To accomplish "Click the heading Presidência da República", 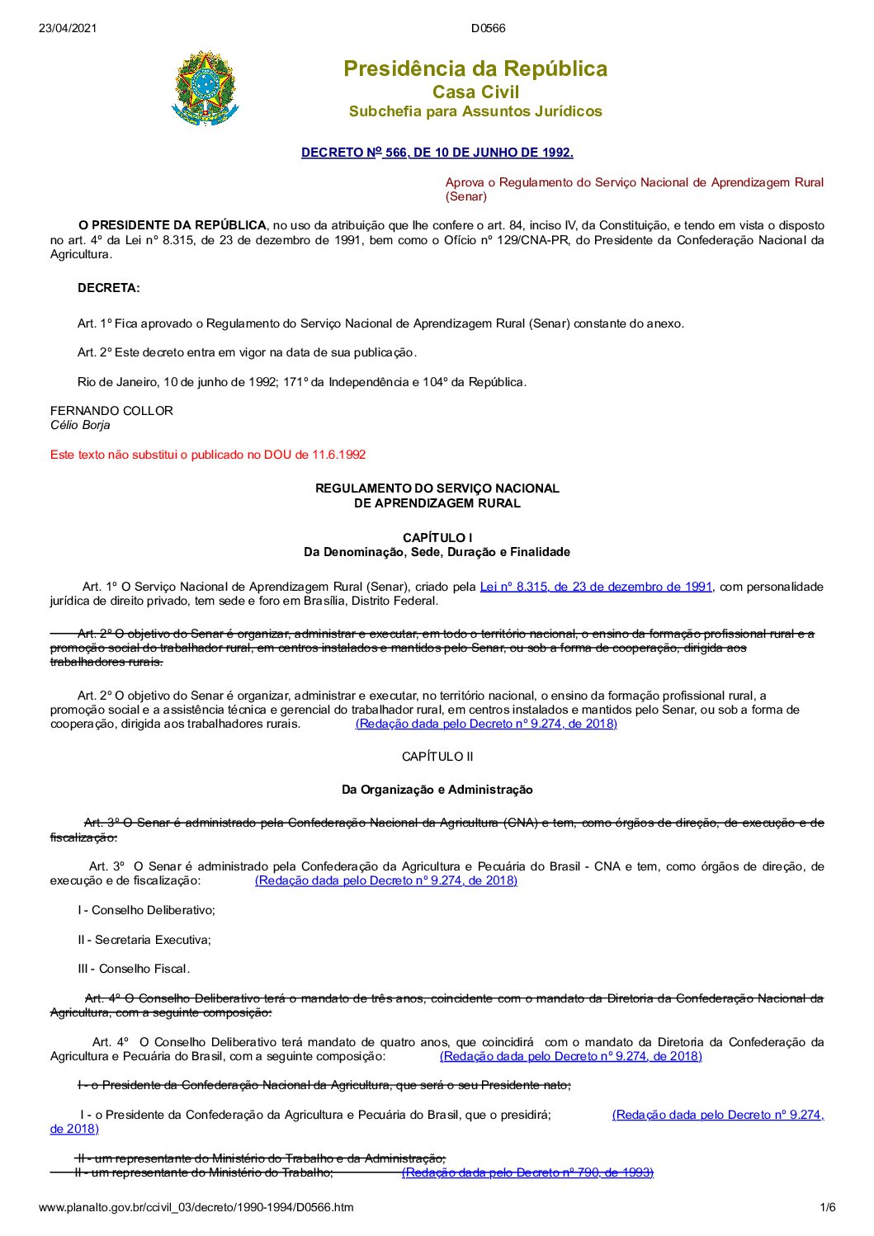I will (475, 68).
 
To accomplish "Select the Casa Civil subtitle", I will (475, 92).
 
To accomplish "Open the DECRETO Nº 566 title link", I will (437, 153).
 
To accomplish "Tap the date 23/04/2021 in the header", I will (68, 28).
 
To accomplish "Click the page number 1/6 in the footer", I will (827, 1207).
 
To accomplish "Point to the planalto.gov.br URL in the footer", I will (196, 1207).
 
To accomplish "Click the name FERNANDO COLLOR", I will (111, 411).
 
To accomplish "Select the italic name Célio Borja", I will (80, 426).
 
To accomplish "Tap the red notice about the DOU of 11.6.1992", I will (208, 455).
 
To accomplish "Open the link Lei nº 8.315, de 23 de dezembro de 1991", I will (596, 587).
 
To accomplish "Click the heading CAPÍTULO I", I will (437, 538).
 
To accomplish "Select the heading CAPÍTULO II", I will (437, 757).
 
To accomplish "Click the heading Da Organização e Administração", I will (437, 790).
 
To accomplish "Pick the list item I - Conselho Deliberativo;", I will (147, 910).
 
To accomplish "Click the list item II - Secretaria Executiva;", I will (144, 940).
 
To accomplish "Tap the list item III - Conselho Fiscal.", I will (134, 969).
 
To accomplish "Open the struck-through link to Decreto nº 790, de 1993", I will (527, 1172).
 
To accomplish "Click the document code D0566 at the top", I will (488, 28).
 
